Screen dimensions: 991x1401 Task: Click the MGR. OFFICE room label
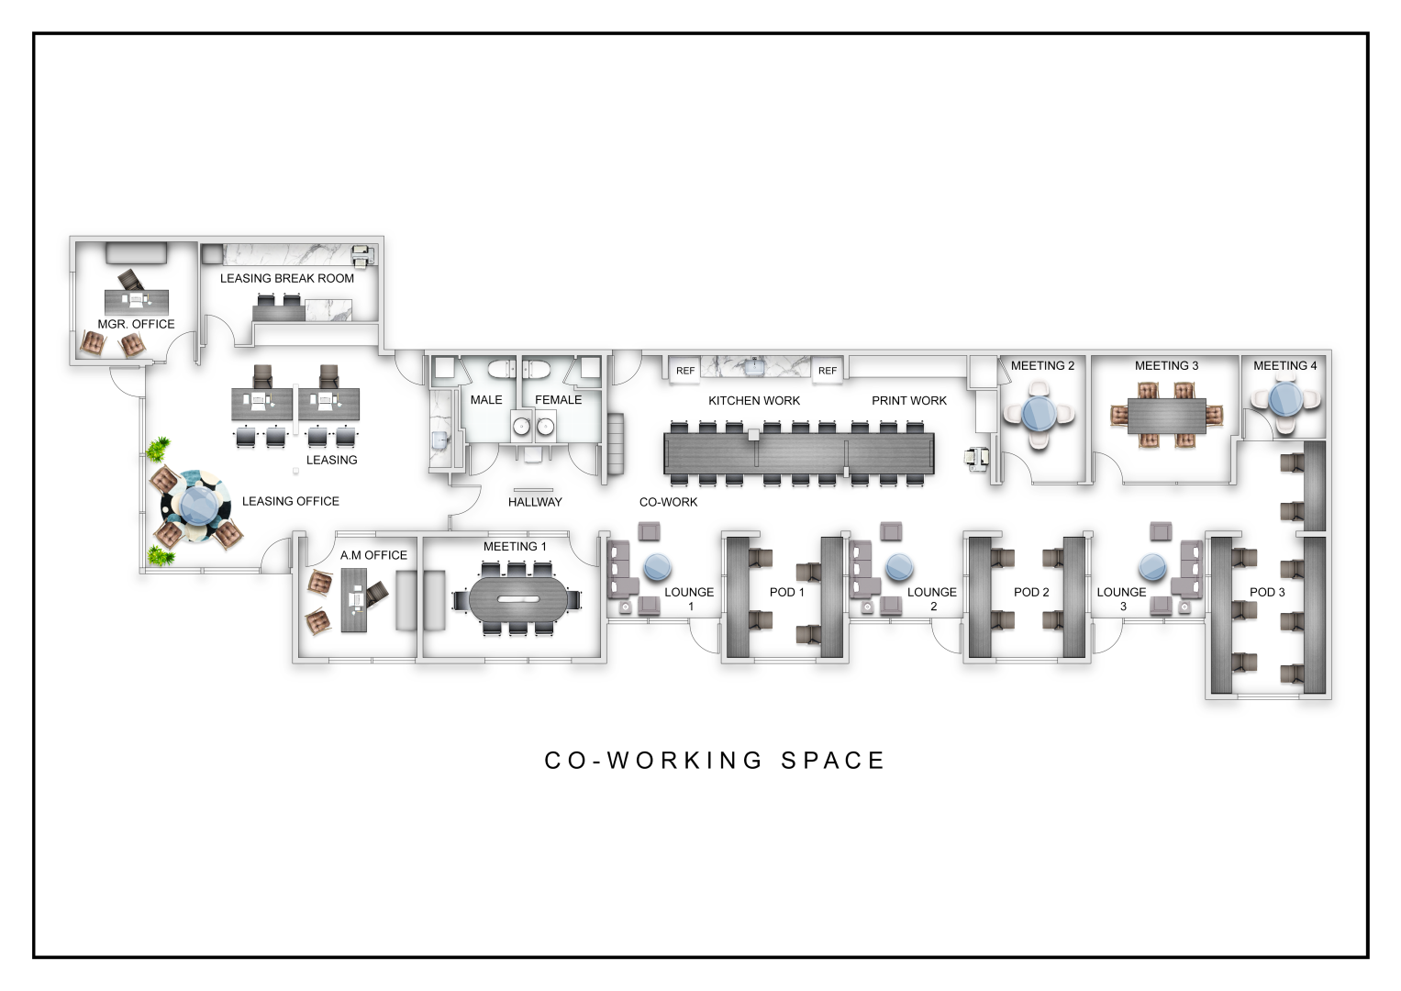tap(136, 324)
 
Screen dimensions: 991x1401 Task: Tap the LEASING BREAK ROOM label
tap(286, 278)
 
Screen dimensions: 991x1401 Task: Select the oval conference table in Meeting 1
tap(516, 599)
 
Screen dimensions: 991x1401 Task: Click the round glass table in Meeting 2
tap(1039, 414)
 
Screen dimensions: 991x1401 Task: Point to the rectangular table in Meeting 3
tap(1166, 415)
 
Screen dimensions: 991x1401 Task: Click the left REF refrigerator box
tap(685, 370)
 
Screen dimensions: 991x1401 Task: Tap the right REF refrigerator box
tap(827, 370)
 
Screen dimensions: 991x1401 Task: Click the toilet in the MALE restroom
tap(502, 369)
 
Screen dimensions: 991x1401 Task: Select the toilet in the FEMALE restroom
tap(537, 369)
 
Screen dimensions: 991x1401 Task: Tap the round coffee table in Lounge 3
tap(1153, 567)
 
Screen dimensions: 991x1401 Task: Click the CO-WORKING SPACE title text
tap(715, 761)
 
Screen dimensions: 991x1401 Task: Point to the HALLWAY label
tap(535, 502)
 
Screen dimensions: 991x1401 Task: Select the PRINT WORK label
tap(908, 400)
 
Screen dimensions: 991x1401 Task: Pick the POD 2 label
tap(1031, 592)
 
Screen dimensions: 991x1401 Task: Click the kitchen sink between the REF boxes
tap(755, 366)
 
